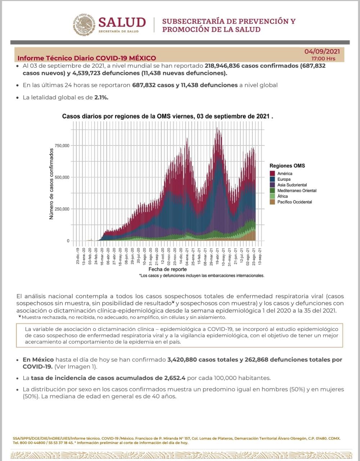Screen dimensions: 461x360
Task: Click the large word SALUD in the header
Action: (x=122, y=22)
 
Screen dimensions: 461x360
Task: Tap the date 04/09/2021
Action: (x=322, y=52)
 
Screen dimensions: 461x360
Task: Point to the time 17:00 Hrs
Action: (x=323, y=59)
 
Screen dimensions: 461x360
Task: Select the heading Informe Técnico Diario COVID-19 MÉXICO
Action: (x=87, y=58)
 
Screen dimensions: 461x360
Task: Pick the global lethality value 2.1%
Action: (x=101, y=97)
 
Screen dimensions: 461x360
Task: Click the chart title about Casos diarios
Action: (x=167, y=116)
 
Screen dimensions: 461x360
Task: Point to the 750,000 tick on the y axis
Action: (x=62, y=146)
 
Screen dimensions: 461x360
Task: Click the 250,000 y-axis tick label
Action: (x=62, y=209)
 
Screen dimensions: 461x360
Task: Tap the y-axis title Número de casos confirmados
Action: (x=51, y=184)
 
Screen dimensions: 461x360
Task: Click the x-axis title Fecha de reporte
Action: (x=167, y=269)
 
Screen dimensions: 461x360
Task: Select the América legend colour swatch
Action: (x=273, y=174)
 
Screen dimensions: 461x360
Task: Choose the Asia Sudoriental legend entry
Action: (x=292, y=185)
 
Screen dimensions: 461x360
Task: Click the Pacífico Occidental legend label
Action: (x=294, y=202)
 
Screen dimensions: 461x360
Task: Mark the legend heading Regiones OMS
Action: (x=287, y=166)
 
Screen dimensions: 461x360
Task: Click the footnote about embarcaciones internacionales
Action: (x=202, y=276)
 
